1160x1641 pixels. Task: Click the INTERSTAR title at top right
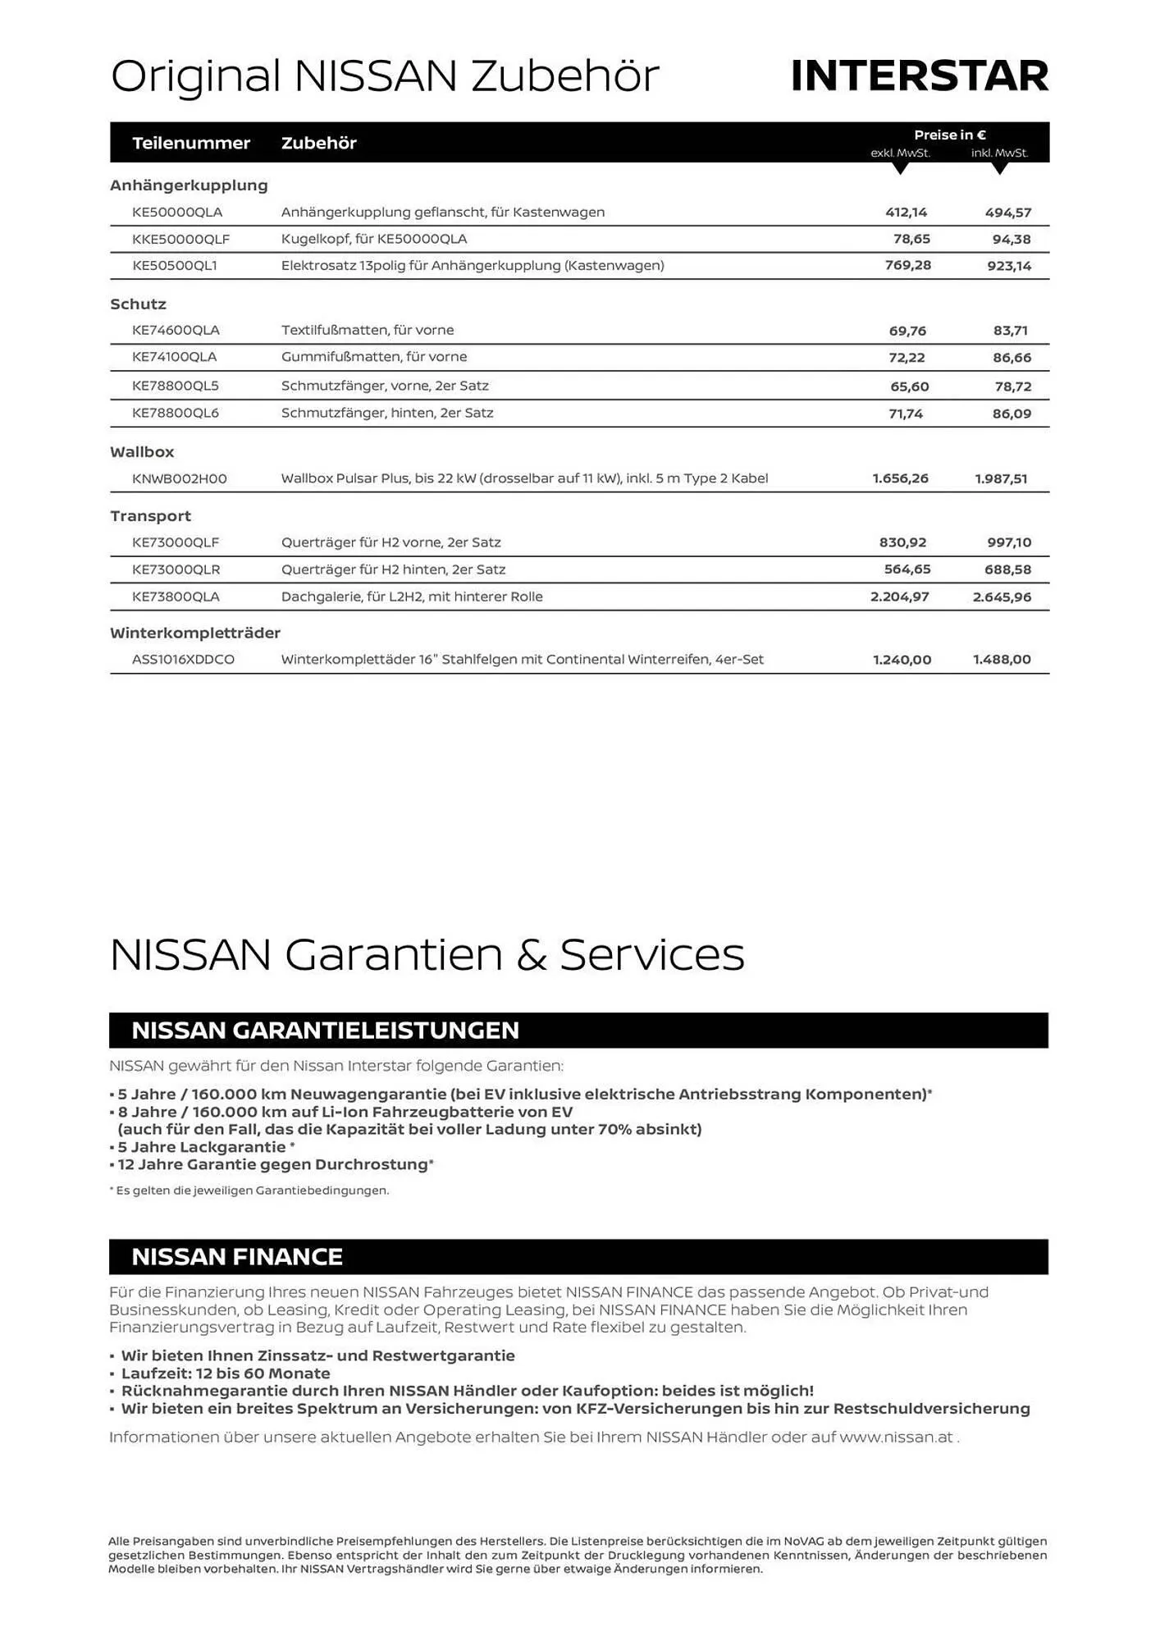(919, 76)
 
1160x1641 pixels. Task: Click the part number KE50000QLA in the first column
(177, 213)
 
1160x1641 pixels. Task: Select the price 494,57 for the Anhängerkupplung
(1007, 213)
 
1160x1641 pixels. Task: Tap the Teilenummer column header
(191, 143)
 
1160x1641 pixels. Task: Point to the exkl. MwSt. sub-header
(900, 153)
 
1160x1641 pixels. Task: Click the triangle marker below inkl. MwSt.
(999, 168)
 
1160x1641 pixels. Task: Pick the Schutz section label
(138, 304)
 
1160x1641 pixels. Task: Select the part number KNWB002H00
(180, 478)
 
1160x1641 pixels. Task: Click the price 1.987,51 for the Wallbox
(1001, 478)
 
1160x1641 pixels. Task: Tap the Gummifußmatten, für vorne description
(374, 357)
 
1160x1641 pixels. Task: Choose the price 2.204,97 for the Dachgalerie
(899, 597)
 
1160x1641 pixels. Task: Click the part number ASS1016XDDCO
(183, 660)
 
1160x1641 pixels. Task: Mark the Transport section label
(150, 516)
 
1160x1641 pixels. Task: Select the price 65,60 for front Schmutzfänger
(909, 386)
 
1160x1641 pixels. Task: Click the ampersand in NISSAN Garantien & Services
(531, 956)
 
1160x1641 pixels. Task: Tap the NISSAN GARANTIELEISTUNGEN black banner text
(325, 1031)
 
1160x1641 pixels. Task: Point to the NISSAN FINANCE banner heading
(237, 1257)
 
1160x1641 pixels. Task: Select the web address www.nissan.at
(896, 1437)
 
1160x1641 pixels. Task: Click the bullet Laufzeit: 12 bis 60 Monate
(226, 1374)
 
